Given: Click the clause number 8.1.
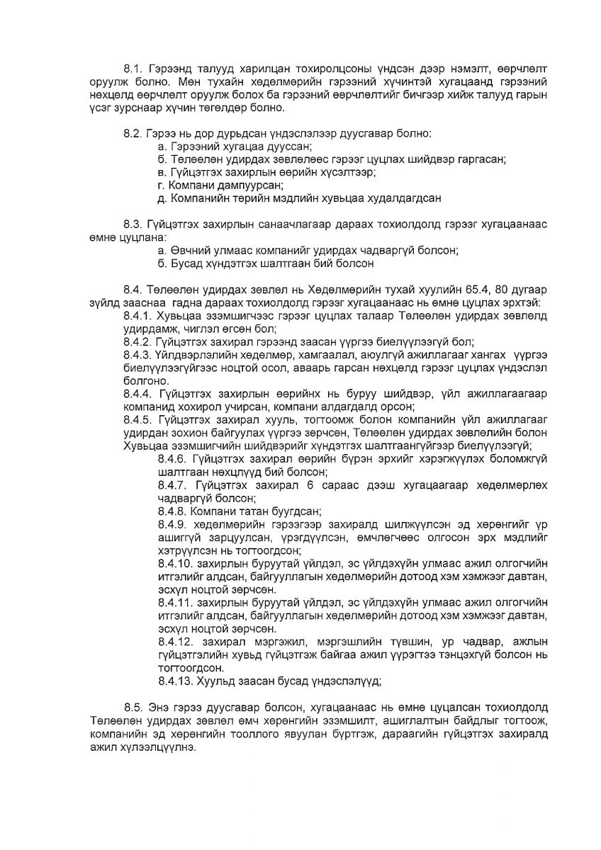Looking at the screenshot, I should (x=133, y=69).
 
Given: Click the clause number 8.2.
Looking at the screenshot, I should (x=133, y=133).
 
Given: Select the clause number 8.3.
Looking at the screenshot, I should (x=133, y=225).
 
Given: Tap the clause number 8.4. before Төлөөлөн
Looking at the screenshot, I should (x=133, y=290).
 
